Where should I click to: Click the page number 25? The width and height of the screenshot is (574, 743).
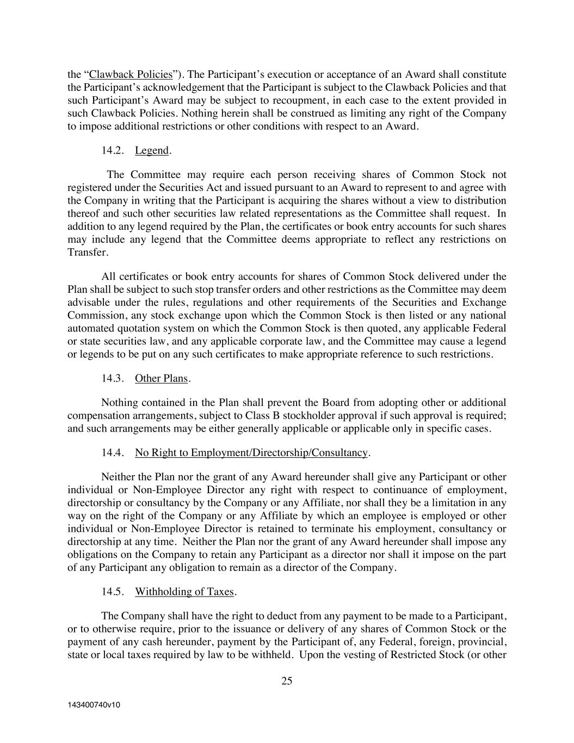[287, 680]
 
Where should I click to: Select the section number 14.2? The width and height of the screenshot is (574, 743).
[113, 151]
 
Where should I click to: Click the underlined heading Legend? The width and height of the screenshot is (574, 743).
[152, 151]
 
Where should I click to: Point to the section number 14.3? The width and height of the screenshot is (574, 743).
[113, 378]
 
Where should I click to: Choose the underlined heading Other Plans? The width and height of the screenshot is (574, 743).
[161, 378]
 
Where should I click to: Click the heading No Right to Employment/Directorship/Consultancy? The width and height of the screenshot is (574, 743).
[251, 453]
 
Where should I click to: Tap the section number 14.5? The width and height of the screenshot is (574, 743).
[113, 592]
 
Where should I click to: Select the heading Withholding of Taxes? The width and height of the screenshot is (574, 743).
[184, 592]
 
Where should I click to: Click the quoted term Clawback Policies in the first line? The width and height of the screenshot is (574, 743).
[131, 75]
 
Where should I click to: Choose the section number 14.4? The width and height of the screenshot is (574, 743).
[113, 453]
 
